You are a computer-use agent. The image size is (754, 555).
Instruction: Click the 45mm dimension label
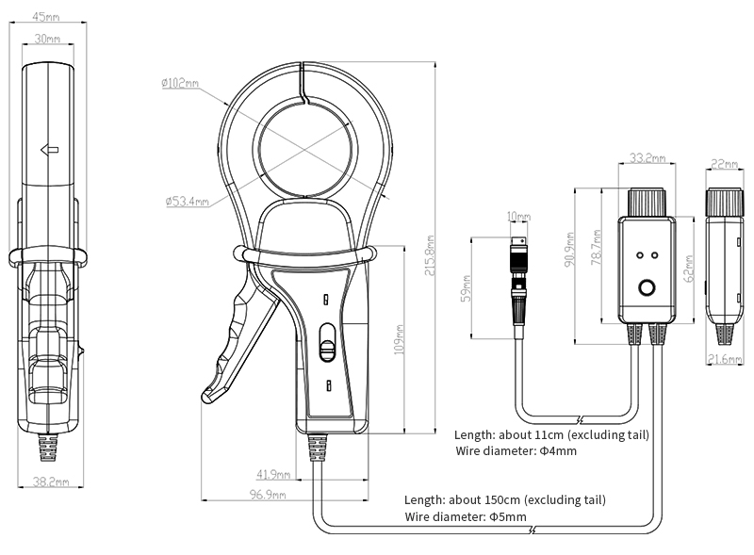coord(45,16)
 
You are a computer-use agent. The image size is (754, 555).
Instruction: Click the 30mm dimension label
coord(47,39)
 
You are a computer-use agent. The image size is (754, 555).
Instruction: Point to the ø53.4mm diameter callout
coord(187,201)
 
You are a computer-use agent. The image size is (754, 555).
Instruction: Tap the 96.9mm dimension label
coord(267,495)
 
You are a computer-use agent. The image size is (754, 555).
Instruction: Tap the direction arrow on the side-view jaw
coord(50,149)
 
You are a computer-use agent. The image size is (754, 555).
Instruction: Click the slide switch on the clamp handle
coord(327,346)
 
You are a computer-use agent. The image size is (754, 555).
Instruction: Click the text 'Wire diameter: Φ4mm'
coord(516,451)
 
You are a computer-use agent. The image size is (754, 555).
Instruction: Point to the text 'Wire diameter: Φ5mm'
coord(465,517)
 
